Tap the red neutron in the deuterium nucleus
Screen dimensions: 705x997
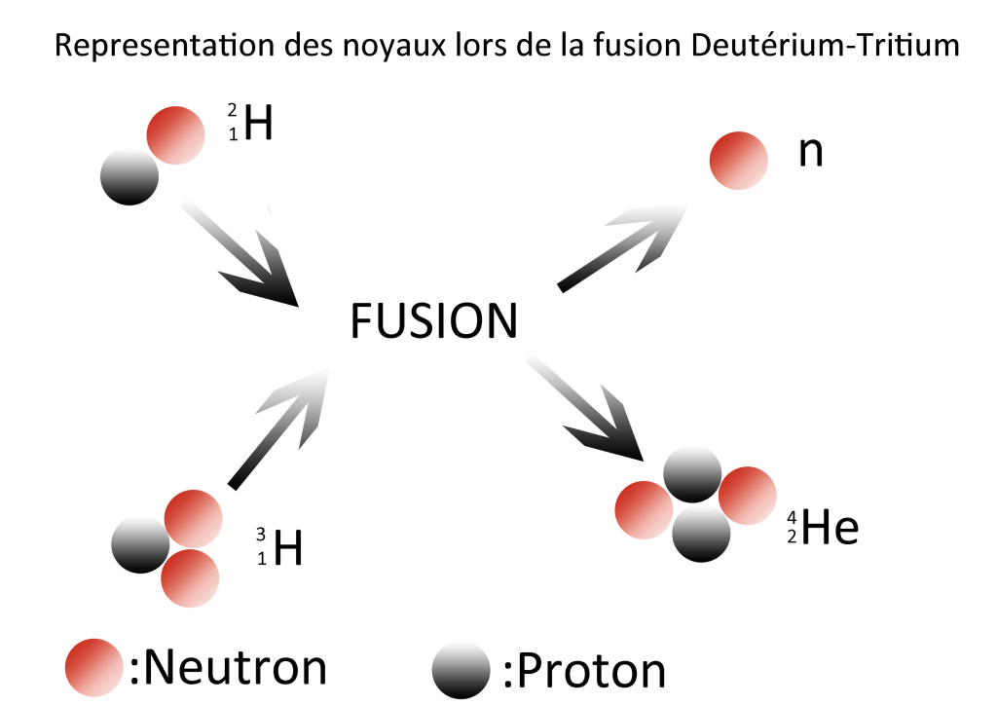176,133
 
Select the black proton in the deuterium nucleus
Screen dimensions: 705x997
129,176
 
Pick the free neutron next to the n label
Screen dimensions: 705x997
739,161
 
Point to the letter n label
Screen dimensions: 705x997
810,153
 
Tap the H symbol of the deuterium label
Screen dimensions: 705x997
257,125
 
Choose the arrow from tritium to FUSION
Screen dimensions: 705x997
281,429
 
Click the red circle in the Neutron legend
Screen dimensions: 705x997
93,667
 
